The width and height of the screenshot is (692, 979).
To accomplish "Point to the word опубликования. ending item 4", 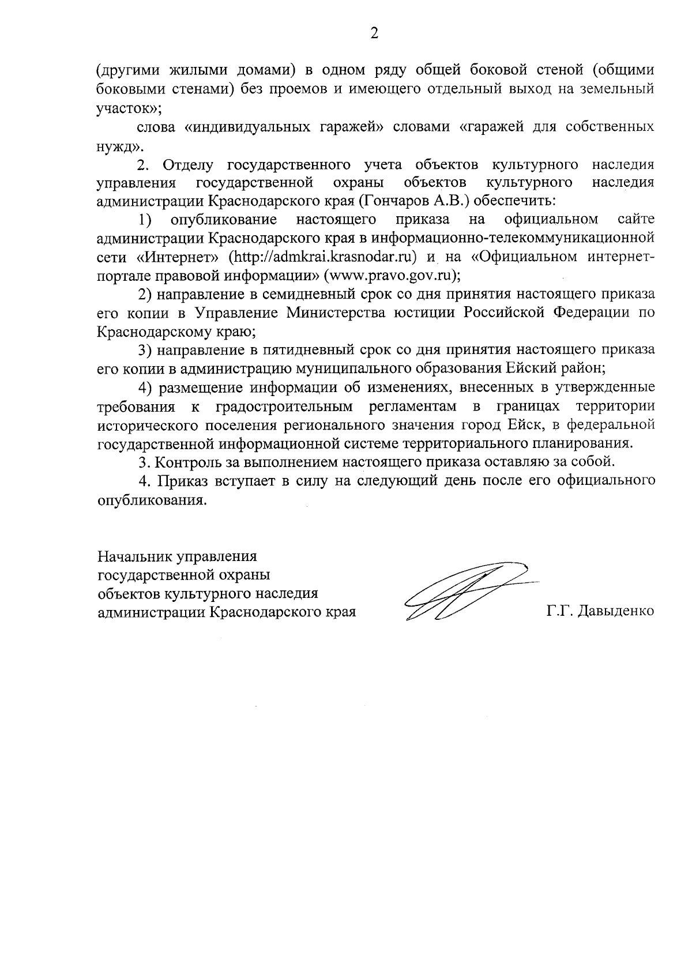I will (x=152, y=499).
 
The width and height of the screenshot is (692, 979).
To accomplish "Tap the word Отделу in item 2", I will (x=188, y=165).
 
